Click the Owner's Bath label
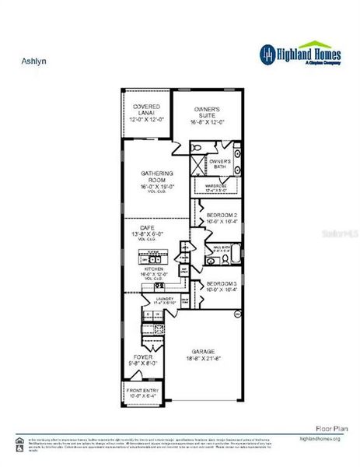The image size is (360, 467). click(220, 164)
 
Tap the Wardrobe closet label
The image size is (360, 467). click(218, 187)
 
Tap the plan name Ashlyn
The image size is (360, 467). click(30, 58)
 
